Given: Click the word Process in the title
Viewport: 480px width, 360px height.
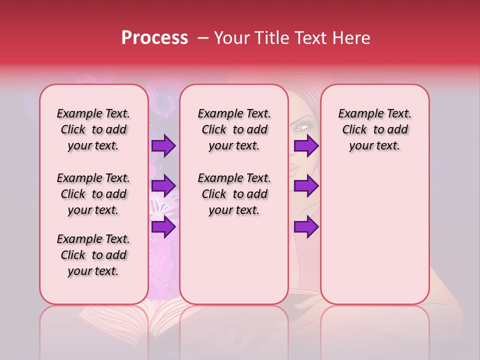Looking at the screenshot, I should coord(154,38).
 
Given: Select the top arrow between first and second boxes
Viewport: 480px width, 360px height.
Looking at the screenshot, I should coord(163,146).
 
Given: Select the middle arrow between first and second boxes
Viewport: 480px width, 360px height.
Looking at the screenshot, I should coord(163,186).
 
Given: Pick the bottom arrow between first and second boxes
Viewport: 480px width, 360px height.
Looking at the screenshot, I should coord(163,227).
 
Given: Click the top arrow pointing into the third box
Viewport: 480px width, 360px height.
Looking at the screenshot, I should coord(306,146).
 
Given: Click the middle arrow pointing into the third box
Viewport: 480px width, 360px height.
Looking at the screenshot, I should coord(306,186).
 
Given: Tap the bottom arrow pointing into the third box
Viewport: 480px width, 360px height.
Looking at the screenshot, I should coord(306,227).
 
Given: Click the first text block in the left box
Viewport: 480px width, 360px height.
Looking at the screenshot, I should coord(93,129).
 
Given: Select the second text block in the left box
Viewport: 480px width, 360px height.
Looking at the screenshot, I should coord(93,194).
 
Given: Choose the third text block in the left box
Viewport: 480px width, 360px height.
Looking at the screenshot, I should coord(93,255).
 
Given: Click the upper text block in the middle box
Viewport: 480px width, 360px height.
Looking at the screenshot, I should coord(234,129).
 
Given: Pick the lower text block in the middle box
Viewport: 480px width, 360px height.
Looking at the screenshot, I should coord(234,194).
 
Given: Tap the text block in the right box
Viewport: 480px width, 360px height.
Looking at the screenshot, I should coord(374,129).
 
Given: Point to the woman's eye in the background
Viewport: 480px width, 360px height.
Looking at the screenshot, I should coord(301,128).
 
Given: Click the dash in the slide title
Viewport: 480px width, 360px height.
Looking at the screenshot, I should coord(203,38).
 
